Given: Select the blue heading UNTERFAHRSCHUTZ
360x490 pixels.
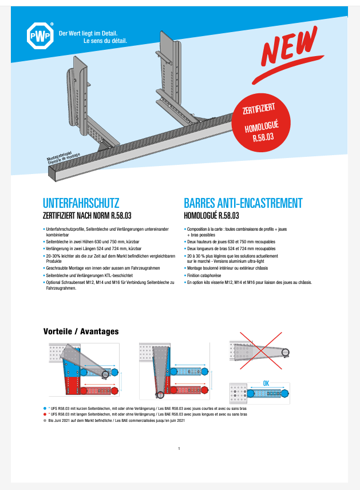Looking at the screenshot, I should click(x=81, y=203).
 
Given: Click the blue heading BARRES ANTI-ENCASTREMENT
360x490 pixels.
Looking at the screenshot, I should click(x=243, y=203).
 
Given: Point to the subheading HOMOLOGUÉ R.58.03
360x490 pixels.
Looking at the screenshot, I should click(x=211, y=216).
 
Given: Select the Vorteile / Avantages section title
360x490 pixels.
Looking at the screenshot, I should click(x=81, y=331).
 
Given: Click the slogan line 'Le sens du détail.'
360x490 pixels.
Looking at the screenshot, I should click(x=105, y=41).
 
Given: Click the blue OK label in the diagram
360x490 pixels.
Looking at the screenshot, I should click(x=266, y=384).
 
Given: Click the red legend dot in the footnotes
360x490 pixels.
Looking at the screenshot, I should click(x=45, y=414).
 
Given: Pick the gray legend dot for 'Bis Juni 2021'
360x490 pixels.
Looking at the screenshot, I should click(x=45, y=420).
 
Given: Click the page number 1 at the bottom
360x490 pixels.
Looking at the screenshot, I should click(x=179, y=449).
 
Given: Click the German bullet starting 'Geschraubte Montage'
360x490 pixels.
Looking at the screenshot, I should click(x=103, y=268).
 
